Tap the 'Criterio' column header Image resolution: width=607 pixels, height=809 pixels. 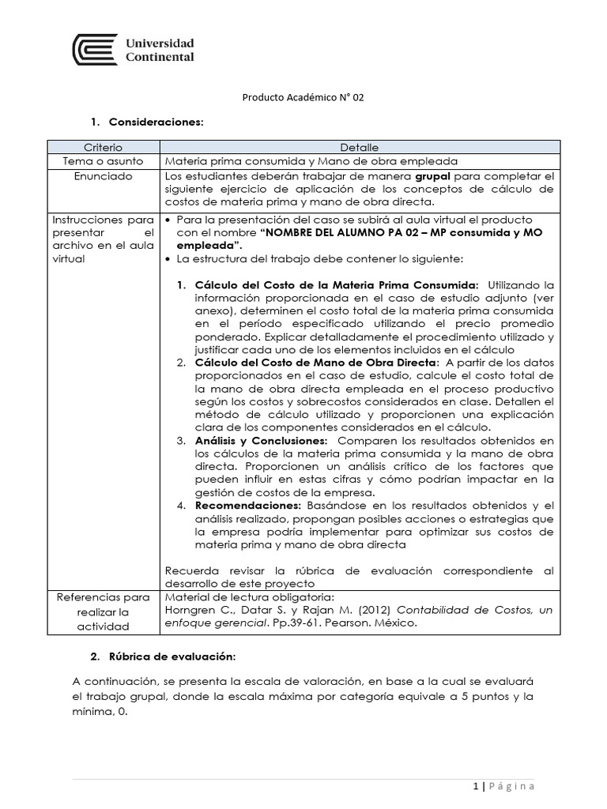coord(104,147)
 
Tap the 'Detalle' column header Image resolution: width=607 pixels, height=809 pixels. coord(360,147)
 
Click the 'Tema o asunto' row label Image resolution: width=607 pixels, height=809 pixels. coord(104,160)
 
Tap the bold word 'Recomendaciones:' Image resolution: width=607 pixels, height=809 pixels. coord(247,506)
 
